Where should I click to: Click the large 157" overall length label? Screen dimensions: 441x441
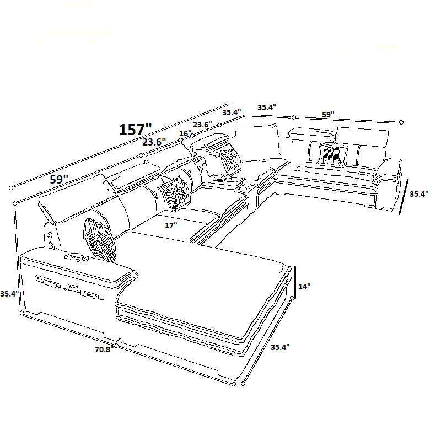point(135,130)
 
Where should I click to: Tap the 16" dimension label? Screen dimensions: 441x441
point(185,133)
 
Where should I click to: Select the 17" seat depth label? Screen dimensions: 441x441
point(171,225)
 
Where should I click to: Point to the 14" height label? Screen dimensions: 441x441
point(304,287)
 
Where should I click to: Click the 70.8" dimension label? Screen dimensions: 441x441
point(104,349)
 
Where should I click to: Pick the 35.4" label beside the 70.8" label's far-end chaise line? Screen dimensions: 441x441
point(280,347)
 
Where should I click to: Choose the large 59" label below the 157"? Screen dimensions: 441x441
point(59,179)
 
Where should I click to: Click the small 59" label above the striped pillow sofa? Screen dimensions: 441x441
point(328,115)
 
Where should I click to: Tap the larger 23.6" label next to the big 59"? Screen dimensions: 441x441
point(154,142)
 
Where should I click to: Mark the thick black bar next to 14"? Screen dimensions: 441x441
point(295,282)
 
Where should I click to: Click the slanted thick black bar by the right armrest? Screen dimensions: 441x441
point(404,197)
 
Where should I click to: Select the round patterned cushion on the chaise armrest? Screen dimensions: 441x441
point(100,240)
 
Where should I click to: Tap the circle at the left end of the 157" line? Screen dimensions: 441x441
point(11,188)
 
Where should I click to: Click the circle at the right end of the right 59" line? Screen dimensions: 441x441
point(401,122)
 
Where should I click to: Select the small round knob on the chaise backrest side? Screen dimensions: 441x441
point(50,235)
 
